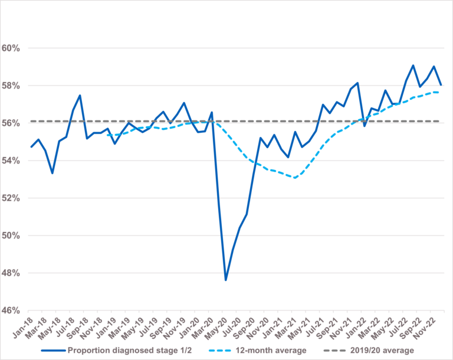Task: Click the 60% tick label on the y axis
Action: (11, 48)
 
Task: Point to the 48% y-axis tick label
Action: (11, 273)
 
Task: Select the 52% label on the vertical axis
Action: (11, 198)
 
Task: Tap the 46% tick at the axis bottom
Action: (11, 310)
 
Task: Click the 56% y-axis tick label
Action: (11, 123)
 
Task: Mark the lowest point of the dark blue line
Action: (225, 280)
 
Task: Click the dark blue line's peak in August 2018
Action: (80, 96)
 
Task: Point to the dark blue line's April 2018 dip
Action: (52, 173)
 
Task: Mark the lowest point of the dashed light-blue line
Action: (294, 178)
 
